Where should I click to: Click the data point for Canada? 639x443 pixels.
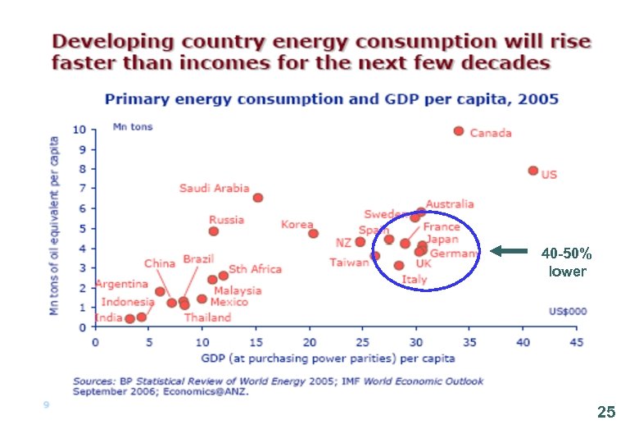459,131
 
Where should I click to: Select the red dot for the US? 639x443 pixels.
533,171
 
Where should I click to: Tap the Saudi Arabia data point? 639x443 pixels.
258,198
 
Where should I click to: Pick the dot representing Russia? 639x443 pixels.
214,231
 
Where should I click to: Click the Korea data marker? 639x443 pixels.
313,234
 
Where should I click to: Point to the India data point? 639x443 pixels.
129,318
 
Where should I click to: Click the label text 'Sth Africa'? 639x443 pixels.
255,269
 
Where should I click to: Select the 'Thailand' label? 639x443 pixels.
207,317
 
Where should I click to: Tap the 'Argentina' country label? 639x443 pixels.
121,284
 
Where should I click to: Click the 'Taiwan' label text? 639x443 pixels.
349,263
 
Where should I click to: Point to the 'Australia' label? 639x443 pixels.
450,203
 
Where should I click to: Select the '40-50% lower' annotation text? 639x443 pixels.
567,263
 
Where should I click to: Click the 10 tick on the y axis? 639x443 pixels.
79,130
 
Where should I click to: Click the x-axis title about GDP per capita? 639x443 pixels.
328,359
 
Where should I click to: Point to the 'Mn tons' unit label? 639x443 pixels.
132,127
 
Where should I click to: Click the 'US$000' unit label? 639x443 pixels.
567,312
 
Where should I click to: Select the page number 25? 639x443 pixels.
606,413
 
